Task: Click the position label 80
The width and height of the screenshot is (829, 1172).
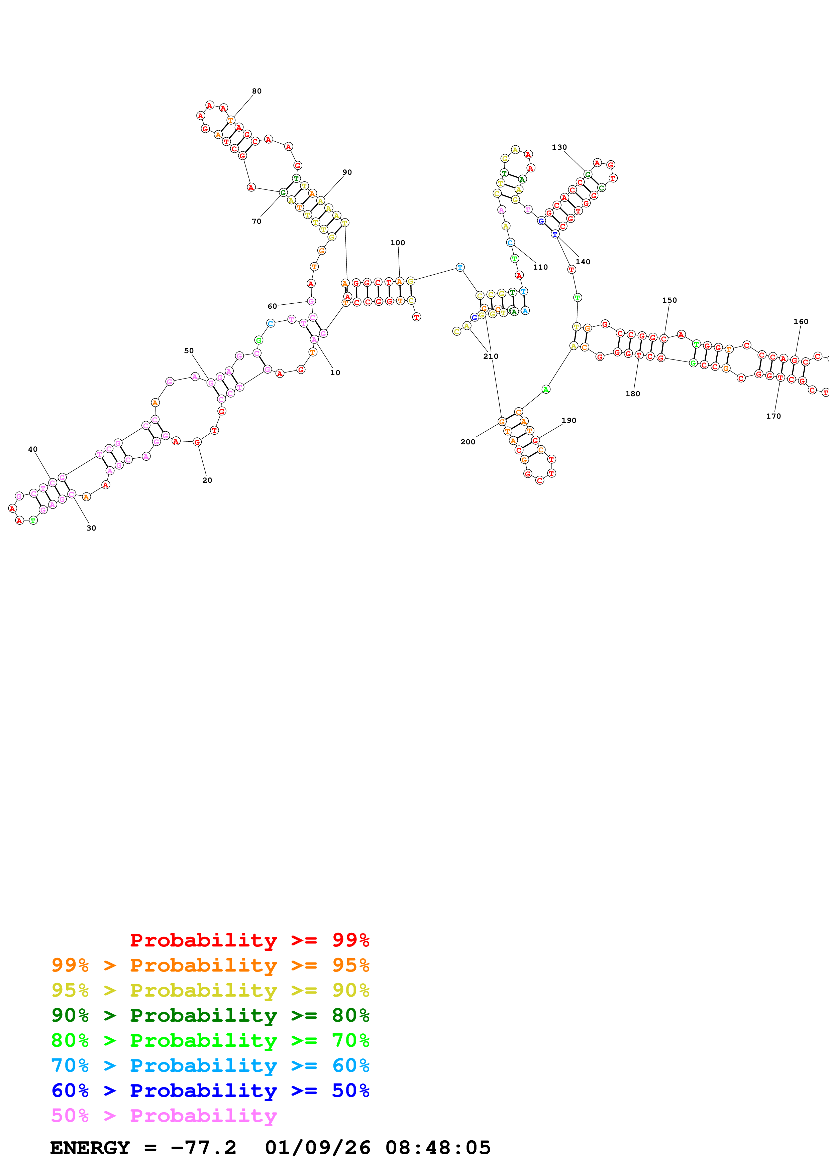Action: (256, 91)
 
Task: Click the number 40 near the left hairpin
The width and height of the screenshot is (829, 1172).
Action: (33, 449)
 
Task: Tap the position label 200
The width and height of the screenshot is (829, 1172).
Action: (468, 442)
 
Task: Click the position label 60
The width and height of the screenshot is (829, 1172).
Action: (272, 306)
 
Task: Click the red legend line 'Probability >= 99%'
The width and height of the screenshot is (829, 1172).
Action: (249, 940)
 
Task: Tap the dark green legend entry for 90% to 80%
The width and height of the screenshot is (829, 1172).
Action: (210, 1015)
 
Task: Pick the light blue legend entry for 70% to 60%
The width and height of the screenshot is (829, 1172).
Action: (210, 1065)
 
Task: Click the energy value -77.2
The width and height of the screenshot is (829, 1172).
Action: (203, 1148)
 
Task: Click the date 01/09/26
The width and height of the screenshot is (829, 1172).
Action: (317, 1148)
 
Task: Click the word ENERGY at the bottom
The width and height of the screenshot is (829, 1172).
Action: (90, 1148)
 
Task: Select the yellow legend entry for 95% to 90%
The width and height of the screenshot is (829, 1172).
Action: (210, 990)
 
